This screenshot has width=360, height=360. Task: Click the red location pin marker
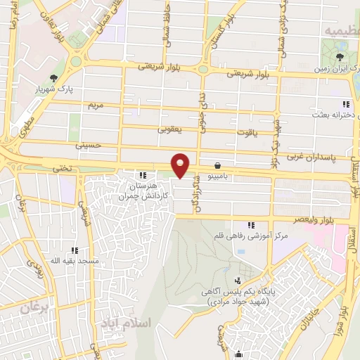181,165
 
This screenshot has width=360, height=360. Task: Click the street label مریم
94,105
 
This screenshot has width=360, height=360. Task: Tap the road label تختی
63,169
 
